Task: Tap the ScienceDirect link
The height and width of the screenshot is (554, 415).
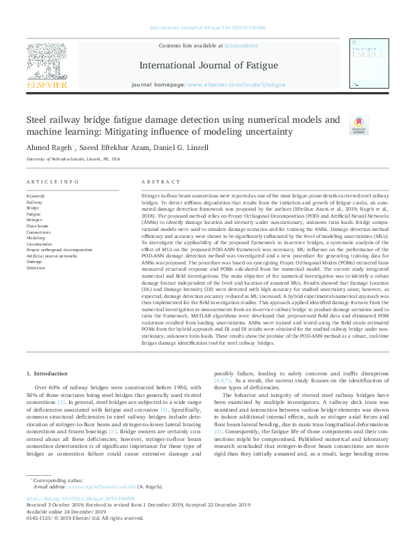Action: tap(241, 45)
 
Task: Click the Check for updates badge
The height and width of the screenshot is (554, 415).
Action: tap(338, 125)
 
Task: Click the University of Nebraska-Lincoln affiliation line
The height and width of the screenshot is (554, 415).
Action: tap(73, 159)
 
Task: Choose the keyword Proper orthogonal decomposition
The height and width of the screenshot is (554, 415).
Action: tap(59, 249)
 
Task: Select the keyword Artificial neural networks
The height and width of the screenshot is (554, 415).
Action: tap(53, 255)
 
